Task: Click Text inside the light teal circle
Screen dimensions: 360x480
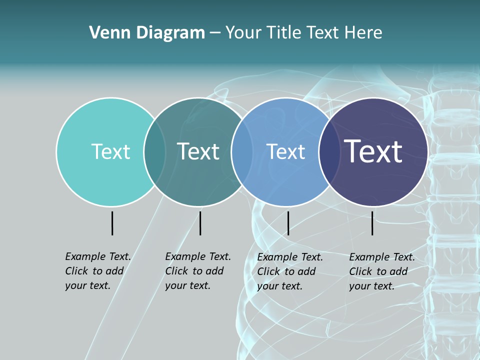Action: pos(110,151)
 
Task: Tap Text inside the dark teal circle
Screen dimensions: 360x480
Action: pos(198,151)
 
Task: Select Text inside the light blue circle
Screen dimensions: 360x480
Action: pos(286,151)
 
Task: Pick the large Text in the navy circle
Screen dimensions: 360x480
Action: pos(373,151)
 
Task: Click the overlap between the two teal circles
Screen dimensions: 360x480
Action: pos(155,152)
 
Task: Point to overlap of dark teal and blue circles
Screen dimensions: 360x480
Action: pos(242,152)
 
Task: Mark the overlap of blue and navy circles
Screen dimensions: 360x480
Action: pos(329,152)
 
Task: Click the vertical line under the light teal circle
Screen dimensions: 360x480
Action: pos(112,223)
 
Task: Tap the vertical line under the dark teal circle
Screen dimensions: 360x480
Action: pos(200,223)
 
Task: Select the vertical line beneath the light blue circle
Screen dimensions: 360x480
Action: pos(288,223)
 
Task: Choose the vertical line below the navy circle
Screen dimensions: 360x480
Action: pos(372,223)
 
